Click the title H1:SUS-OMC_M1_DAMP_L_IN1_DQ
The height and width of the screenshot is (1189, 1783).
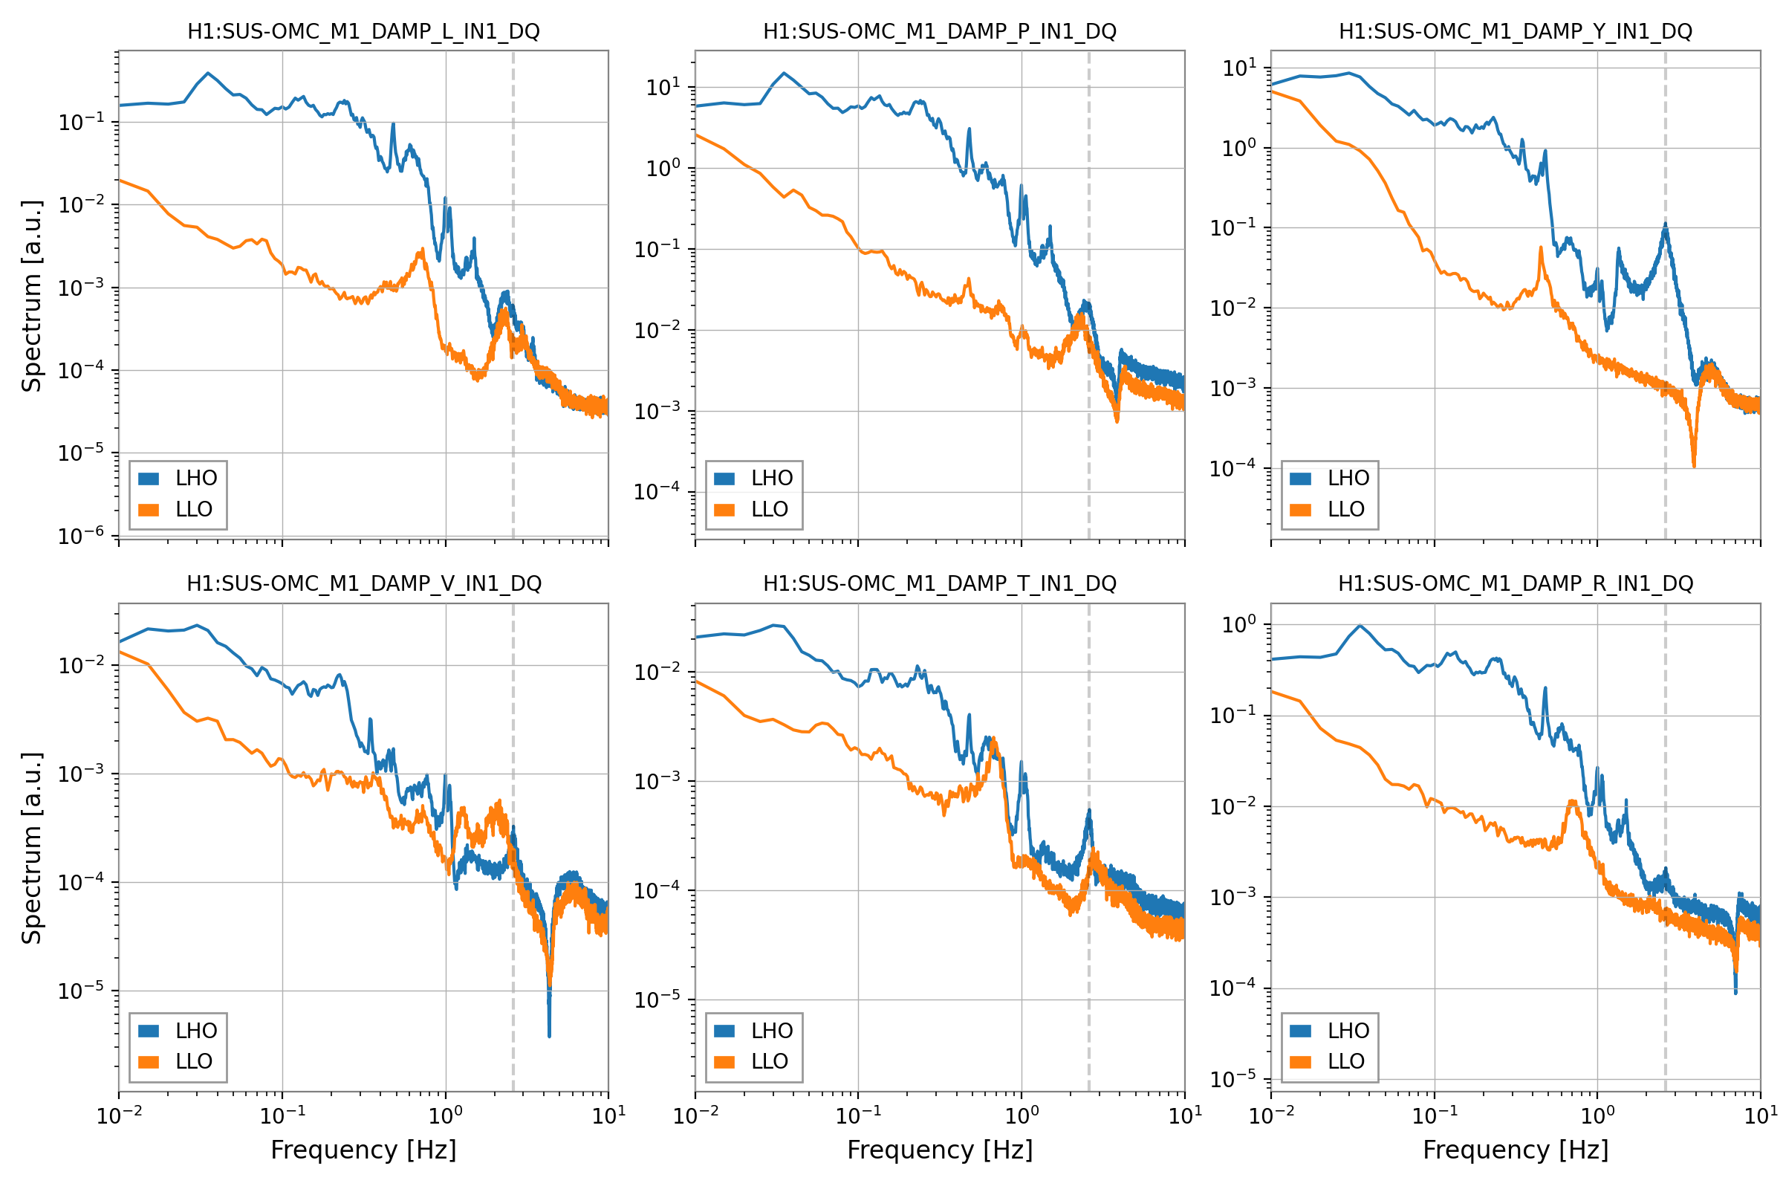pyautogui.click(x=363, y=32)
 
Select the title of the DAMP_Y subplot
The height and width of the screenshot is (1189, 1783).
pyautogui.click(x=1516, y=32)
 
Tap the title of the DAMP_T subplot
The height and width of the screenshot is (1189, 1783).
pyautogui.click(x=939, y=584)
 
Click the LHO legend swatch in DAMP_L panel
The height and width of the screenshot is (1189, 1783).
pyautogui.click(x=149, y=479)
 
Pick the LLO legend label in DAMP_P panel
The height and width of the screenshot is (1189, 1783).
pyautogui.click(x=770, y=510)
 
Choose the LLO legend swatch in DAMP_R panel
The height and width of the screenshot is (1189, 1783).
pyautogui.click(x=1300, y=1062)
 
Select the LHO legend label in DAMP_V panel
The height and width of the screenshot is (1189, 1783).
pyautogui.click(x=196, y=1031)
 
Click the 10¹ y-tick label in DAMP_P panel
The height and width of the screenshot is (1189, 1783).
pyautogui.click(x=663, y=87)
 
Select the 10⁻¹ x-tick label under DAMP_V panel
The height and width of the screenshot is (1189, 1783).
pyautogui.click(x=282, y=1115)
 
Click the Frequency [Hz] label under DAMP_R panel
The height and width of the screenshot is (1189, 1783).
pyautogui.click(x=1516, y=1150)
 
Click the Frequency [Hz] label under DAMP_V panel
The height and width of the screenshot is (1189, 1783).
pyautogui.click(x=363, y=1150)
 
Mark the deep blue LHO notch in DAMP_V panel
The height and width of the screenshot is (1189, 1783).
pyautogui.click(x=549, y=1034)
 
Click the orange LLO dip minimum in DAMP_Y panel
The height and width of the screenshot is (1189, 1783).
pyautogui.click(x=1694, y=465)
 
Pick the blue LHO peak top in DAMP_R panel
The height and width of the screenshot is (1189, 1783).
pyautogui.click(x=1361, y=626)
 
